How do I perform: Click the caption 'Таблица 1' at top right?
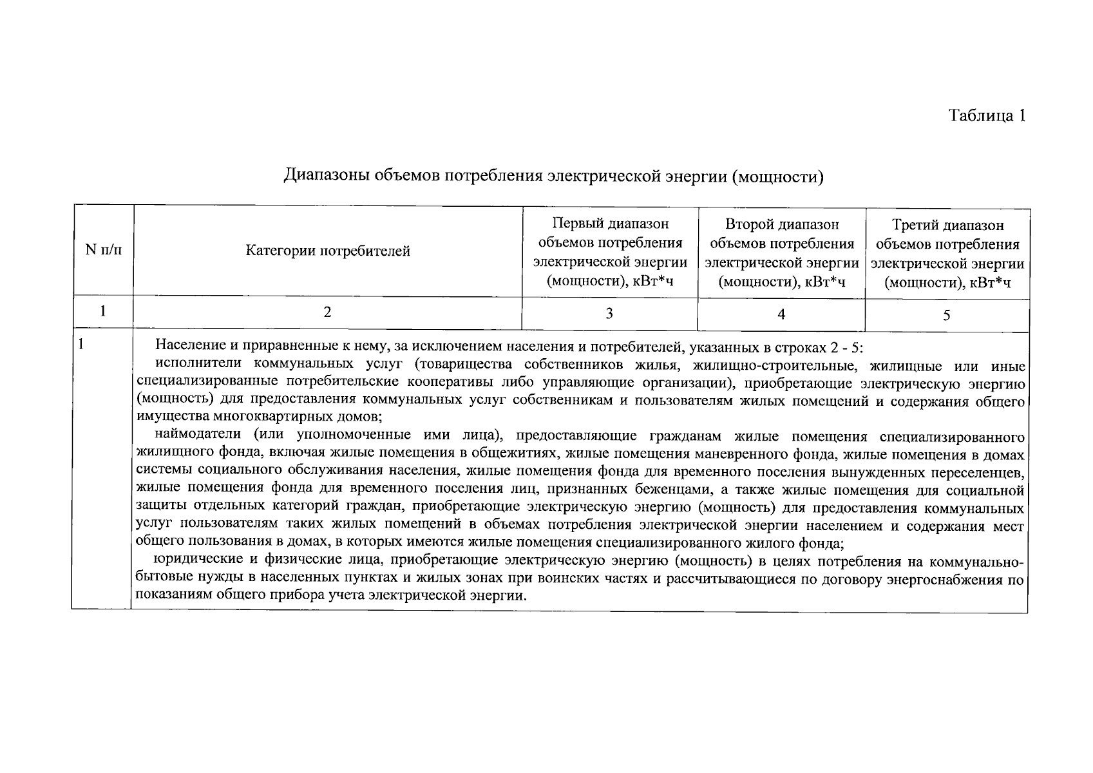coord(986,116)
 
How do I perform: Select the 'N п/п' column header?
coord(104,250)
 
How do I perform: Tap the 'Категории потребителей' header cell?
coord(328,251)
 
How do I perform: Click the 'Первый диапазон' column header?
coord(610,253)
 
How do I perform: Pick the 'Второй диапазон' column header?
coord(782,253)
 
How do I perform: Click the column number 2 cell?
coord(327,312)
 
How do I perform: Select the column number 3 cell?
coord(609,314)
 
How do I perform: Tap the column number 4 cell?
coord(781,314)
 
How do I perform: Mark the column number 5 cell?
coord(947,315)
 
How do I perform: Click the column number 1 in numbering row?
coord(103,311)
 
